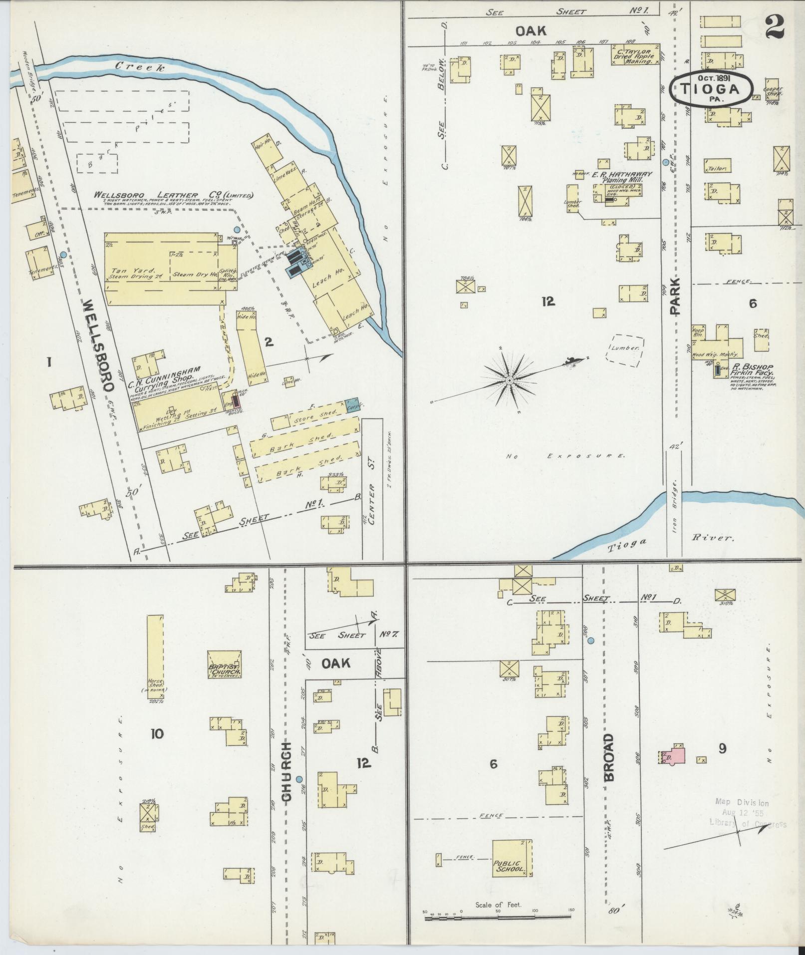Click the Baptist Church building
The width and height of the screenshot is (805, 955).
pyautogui.click(x=225, y=664)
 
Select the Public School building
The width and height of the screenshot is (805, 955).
pyautogui.click(x=512, y=859)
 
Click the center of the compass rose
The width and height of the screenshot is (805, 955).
pyautogui.click(x=509, y=380)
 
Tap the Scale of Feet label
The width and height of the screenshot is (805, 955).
pyautogui.click(x=498, y=905)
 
